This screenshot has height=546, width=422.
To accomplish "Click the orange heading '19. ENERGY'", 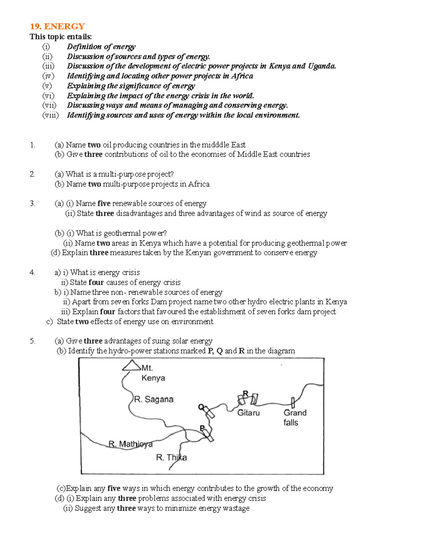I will (57, 26).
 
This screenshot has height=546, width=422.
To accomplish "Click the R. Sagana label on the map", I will (154, 399).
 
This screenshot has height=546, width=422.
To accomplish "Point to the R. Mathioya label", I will (130, 444).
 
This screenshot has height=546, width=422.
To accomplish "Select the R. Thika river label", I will (171, 457).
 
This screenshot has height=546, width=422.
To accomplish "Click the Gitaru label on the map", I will (248, 413).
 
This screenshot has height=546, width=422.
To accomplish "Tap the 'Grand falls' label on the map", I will (295, 417).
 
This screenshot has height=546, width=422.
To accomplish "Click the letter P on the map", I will (202, 428).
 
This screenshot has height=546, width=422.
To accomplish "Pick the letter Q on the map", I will (201, 407).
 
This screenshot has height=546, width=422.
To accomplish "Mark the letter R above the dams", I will (245, 393).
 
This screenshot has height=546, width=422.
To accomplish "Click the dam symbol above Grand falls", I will (293, 403).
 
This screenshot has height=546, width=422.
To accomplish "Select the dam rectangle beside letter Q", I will (210, 412).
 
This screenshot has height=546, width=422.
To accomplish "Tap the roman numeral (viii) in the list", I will (50, 115).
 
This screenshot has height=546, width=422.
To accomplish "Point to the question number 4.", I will (32, 272).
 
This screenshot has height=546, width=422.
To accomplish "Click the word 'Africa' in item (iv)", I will (242, 76).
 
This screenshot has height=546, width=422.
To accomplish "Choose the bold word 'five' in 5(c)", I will (114, 488).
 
